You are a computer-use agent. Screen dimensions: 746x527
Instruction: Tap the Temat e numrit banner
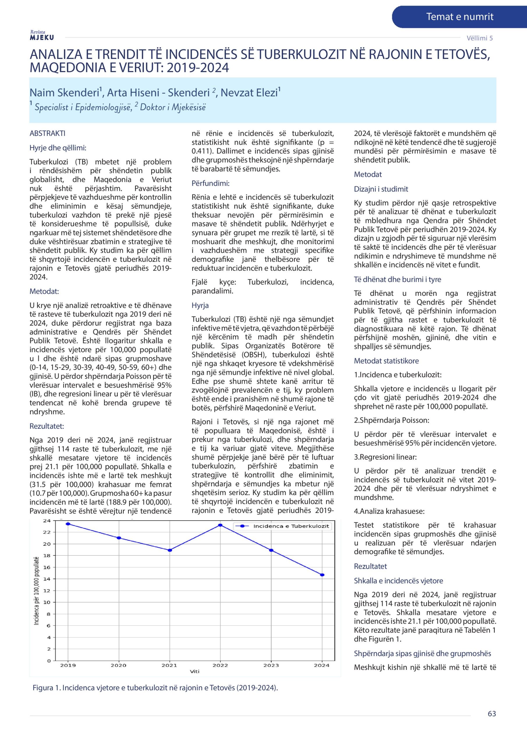(x=459, y=17)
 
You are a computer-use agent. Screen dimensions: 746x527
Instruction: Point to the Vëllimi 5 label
(x=480, y=38)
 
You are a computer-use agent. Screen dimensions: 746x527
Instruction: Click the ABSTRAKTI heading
(x=47, y=133)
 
